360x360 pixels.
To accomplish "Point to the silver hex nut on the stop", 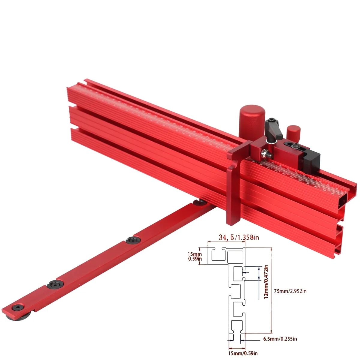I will pyautogui.click(x=264, y=153).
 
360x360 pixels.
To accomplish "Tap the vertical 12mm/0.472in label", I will pyautogui.click(x=266, y=282).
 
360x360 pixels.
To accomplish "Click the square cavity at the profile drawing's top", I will pyautogui.click(x=235, y=256).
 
